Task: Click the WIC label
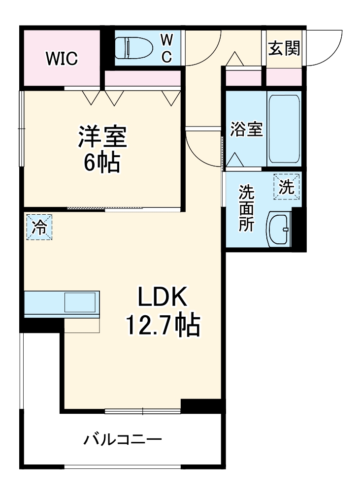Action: (x=62, y=58)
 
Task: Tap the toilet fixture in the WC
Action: (x=133, y=48)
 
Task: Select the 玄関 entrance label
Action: (x=284, y=48)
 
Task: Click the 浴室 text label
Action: (x=246, y=130)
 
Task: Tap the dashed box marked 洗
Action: (x=287, y=187)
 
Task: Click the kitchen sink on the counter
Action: (x=80, y=302)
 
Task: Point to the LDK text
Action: (x=163, y=298)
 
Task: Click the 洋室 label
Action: (x=102, y=136)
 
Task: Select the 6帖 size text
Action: (x=101, y=163)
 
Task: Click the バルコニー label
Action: (x=123, y=439)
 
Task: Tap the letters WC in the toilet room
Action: (x=167, y=48)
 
